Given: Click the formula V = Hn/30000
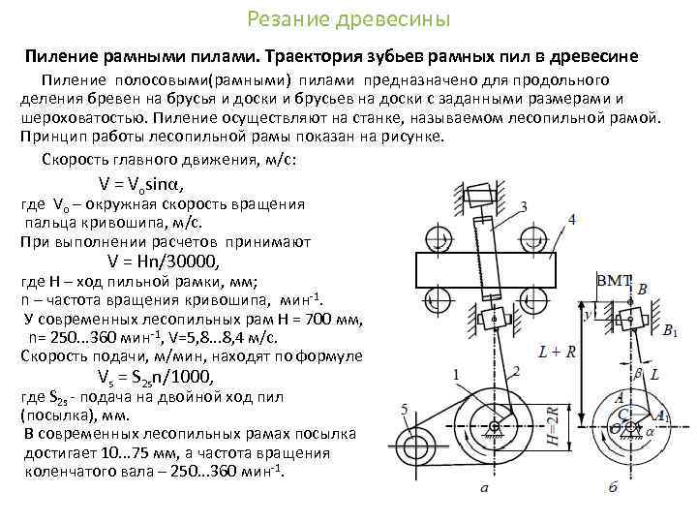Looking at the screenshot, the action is click(165, 261).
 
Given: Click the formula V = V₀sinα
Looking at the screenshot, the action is click(141, 184).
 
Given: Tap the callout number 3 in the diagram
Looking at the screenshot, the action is click(523, 206).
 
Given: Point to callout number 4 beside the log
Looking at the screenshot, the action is click(572, 220).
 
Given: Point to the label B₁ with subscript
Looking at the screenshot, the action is click(669, 331).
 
